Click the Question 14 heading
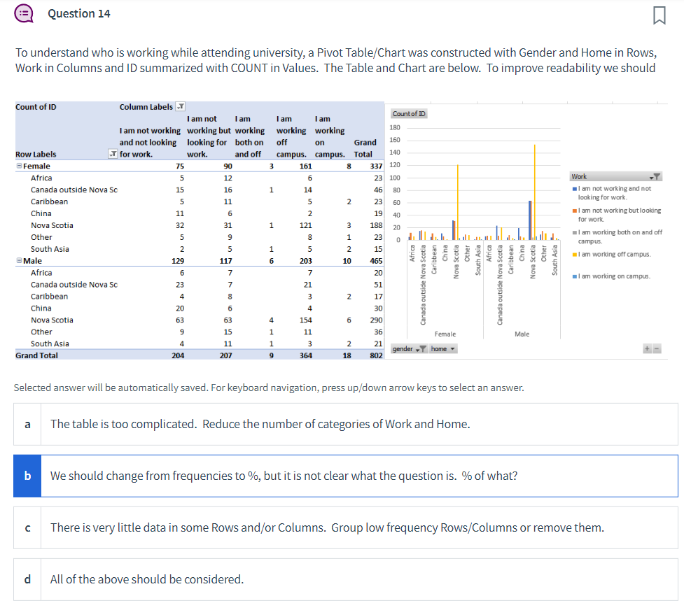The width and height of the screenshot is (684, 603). pos(78,13)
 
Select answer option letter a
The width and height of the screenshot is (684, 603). pos(27,424)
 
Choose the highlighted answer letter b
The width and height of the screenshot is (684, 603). pos(27,476)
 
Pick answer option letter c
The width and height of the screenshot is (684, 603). pos(27,527)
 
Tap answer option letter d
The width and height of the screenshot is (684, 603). pos(27,579)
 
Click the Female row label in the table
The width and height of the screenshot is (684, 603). pos(36,166)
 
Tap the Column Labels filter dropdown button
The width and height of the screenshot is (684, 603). pos(180,107)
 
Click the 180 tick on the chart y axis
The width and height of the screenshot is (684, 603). pos(395,128)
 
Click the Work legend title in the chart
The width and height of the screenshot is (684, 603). pos(580,177)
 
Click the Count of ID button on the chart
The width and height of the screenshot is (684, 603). pos(410,114)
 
